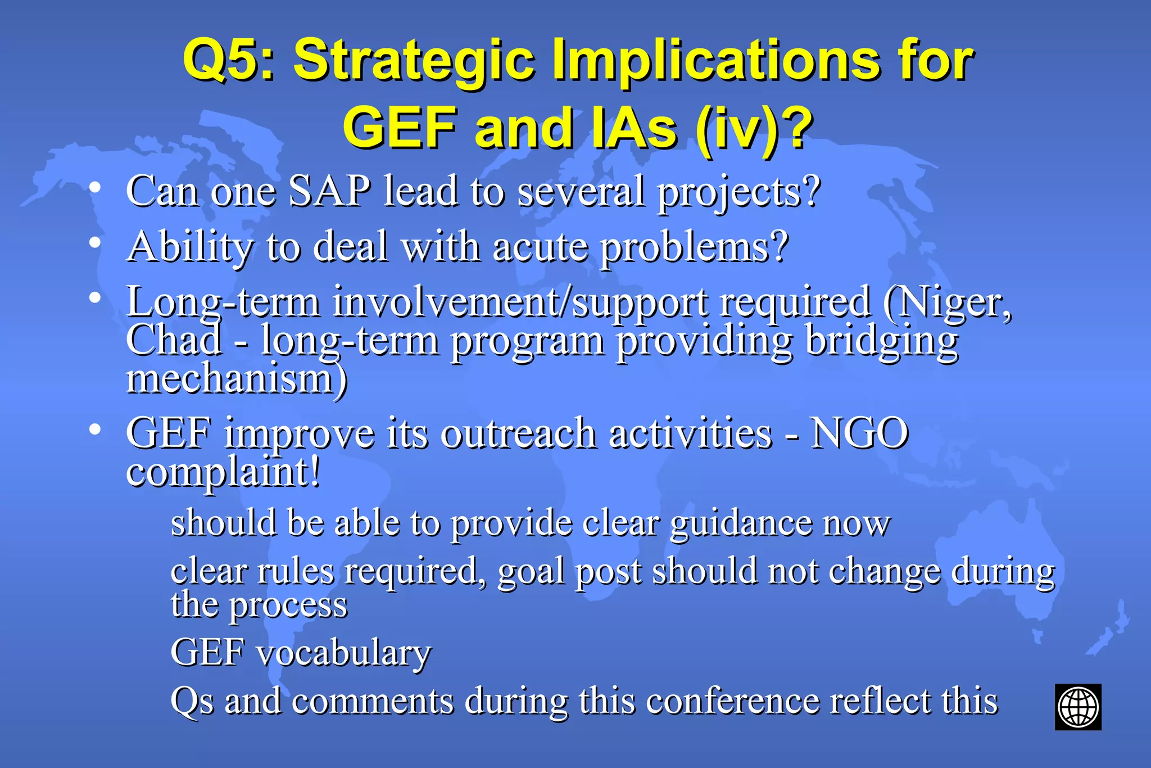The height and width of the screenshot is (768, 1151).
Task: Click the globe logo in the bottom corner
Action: click(1077, 707)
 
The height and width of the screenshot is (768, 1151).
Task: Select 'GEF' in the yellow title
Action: click(400, 128)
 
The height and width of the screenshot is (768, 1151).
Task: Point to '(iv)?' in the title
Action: click(754, 129)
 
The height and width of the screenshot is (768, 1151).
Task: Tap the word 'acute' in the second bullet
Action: click(540, 247)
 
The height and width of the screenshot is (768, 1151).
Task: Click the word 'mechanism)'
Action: click(237, 379)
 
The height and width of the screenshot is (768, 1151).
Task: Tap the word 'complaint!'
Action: click(223, 472)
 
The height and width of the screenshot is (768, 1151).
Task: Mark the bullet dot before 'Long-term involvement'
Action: click(95, 299)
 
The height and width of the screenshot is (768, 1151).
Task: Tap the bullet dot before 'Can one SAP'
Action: click(95, 187)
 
